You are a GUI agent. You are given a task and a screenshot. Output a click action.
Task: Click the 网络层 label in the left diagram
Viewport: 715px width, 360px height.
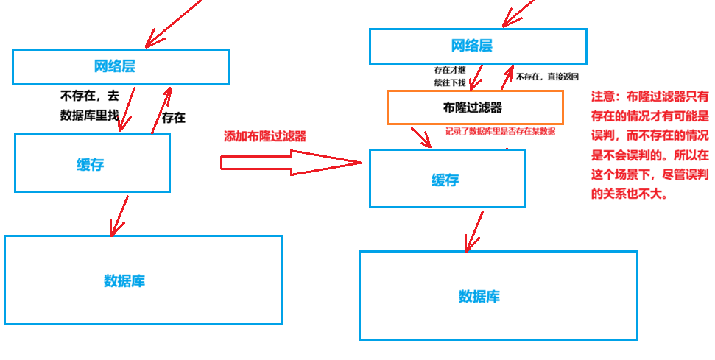point(115,66)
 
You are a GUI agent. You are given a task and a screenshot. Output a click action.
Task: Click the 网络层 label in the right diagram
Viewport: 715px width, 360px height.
point(471,46)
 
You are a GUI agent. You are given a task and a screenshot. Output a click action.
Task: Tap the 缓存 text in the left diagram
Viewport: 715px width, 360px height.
point(91,164)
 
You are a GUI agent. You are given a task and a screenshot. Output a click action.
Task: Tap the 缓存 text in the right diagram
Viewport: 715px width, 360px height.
point(445,180)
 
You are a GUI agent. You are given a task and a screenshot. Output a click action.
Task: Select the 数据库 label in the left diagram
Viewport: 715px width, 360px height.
point(124,280)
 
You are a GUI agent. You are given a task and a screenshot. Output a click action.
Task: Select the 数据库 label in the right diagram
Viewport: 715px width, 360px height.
point(479,296)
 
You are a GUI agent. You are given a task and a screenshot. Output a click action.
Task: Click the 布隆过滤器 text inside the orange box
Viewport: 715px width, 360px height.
point(468,107)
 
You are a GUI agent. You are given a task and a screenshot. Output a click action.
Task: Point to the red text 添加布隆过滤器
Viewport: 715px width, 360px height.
point(264,136)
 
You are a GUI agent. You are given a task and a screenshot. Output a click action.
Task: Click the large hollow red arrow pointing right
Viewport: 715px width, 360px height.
point(291,163)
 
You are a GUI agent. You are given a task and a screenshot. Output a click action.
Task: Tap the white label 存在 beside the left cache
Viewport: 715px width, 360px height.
point(174,118)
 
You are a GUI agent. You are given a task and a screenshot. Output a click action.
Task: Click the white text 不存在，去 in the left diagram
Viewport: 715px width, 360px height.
point(89,96)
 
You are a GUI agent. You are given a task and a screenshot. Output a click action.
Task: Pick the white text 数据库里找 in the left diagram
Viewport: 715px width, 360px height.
point(88,114)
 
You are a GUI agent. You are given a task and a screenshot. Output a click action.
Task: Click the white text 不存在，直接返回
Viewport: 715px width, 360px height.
point(547,77)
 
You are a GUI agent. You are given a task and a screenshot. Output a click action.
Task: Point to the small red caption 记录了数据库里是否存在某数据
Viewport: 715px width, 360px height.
point(500,132)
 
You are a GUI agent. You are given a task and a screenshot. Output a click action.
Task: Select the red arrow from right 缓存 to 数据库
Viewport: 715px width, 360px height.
point(473,230)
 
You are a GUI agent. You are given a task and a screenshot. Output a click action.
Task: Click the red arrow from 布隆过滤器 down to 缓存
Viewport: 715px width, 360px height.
point(421,137)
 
